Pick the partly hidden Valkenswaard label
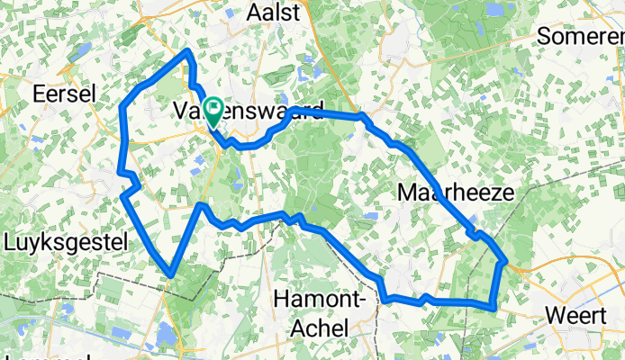click(248, 112)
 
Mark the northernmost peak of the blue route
click(188, 51)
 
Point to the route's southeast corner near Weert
click(493, 307)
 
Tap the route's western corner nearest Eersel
click(122, 108)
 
